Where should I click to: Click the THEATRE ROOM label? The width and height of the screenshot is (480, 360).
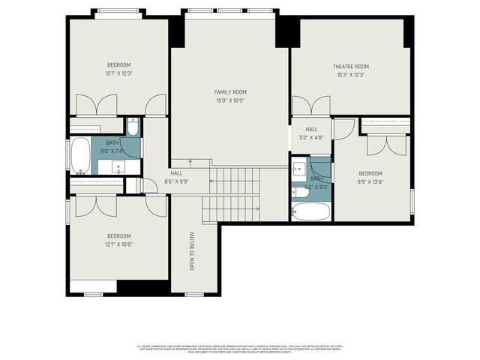tap(350, 67)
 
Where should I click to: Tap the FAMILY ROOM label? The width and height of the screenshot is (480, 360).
tap(230, 91)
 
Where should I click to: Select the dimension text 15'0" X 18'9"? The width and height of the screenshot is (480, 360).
tap(230, 100)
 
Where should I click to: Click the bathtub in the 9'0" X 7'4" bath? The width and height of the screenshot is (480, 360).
tap(80, 156)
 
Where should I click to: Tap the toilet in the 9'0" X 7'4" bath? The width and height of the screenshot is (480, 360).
tap(133, 127)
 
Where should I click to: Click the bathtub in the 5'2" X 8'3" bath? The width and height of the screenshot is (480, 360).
tap(310, 211)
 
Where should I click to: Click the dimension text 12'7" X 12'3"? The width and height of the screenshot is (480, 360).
tap(118, 73)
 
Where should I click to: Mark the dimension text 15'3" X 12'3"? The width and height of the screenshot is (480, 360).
tap(350, 75)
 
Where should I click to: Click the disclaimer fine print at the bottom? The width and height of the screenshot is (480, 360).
tap(239, 349)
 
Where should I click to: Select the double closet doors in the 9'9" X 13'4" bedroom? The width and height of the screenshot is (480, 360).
tap(387, 143)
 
